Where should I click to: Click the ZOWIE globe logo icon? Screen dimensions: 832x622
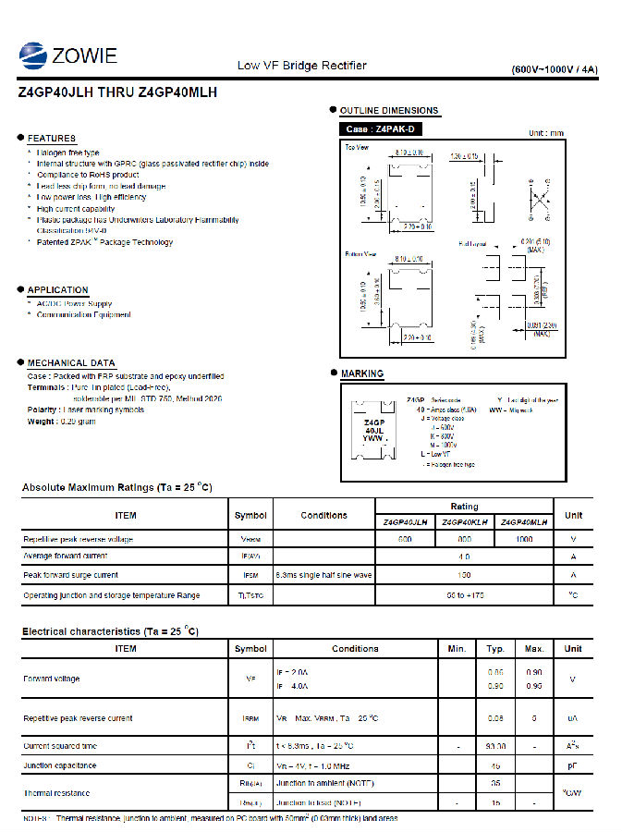click(x=33, y=56)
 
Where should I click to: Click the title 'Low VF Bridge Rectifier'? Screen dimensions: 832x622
click(x=301, y=66)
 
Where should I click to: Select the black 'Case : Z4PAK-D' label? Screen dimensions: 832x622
click(x=380, y=129)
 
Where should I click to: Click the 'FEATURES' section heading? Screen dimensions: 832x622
click(x=51, y=138)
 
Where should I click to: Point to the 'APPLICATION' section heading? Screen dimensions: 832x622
click(x=57, y=290)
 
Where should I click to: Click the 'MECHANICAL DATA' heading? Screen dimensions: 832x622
click(x=71, y=363)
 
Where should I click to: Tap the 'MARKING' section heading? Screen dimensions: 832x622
click(x=361, y=373)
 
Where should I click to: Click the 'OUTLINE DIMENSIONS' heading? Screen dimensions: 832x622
click(x=388, y=111)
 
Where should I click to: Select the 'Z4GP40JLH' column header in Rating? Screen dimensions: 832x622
click(x=405, y=522)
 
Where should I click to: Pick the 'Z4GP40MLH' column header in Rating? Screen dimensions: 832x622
click(x=523, y=522)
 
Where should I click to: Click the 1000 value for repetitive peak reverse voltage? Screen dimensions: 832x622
click(x=523, y=539)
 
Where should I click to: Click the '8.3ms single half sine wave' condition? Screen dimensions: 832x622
click(x=323, y=575)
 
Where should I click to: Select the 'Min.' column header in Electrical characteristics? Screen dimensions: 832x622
click(x=457, y=649)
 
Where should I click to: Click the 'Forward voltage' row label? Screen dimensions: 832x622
click(x=51, y=679)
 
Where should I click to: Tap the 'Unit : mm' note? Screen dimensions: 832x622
click(x=545, y=133)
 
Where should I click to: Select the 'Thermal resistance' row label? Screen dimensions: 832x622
click(x=56, y=793)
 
